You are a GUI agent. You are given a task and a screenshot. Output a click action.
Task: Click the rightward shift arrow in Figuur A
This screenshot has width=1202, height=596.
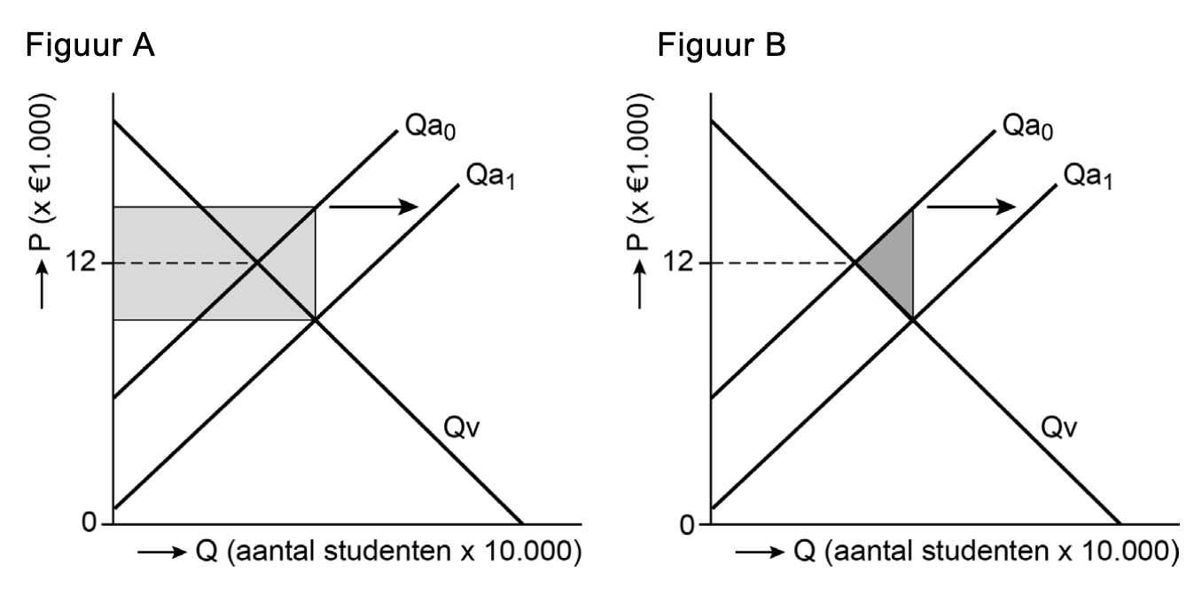pos(372,206)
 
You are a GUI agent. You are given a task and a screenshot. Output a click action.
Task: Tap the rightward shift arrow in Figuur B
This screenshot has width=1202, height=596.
pos(971,206)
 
